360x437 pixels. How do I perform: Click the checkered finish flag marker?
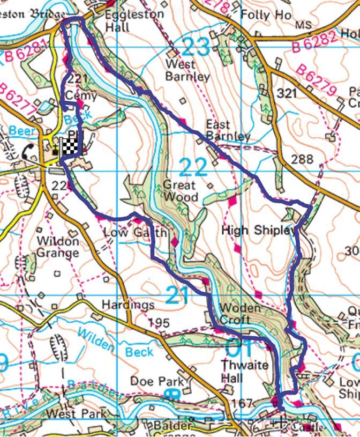70,146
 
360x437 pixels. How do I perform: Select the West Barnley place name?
187,70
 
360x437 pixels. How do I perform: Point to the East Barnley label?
228,130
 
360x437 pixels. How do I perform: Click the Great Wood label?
181,191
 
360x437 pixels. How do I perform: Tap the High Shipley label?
258,231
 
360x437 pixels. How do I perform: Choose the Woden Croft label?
241,314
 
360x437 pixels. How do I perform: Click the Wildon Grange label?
58,247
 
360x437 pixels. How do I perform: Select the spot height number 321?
287,94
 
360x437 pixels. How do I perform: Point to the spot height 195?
159,323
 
